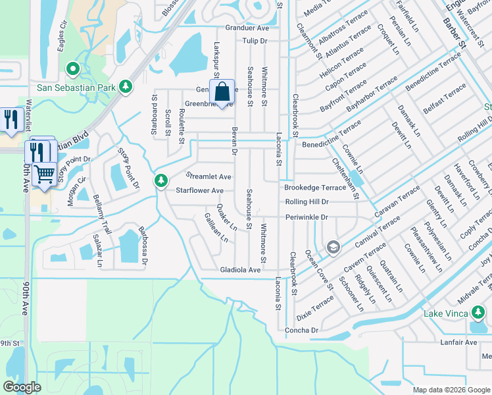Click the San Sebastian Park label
tap(76, 87)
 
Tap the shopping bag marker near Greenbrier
tap(222, 92)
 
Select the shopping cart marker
tap(45, 174)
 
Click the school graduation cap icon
tap(333, 247)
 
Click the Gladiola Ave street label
tap(241, 270)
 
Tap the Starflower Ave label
tap(199, 190)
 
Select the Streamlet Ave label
tap(209, 176)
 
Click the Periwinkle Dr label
tap(307, 217)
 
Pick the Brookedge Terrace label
tap(315, 188)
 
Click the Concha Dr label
tap(301, 330)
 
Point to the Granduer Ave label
tap(247, 28)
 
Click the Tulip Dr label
tap(255, 41)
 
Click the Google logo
tap(22, 386)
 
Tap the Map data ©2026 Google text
tap(451, 390)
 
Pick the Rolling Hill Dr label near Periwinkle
tap(307, 201)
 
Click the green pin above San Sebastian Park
tap(72, 68)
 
